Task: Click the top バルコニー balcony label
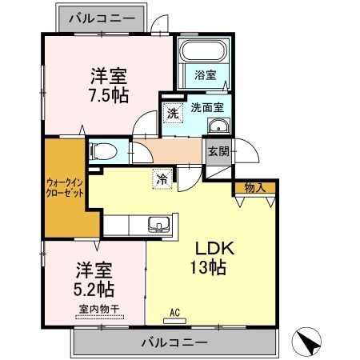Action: (x=102, y=15)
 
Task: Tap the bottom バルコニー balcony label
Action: (x=175, y=342)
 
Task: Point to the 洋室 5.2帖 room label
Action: (x=94, y=277)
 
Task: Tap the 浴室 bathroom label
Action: (x=206, y=75)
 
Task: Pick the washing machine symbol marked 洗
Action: (x=174, y=113)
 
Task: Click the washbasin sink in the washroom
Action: (x=218, y=127)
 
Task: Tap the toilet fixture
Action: (x=105, y=151)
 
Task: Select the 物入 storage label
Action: (x=255, y=188)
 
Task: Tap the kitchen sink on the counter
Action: (x=157, y=225)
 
